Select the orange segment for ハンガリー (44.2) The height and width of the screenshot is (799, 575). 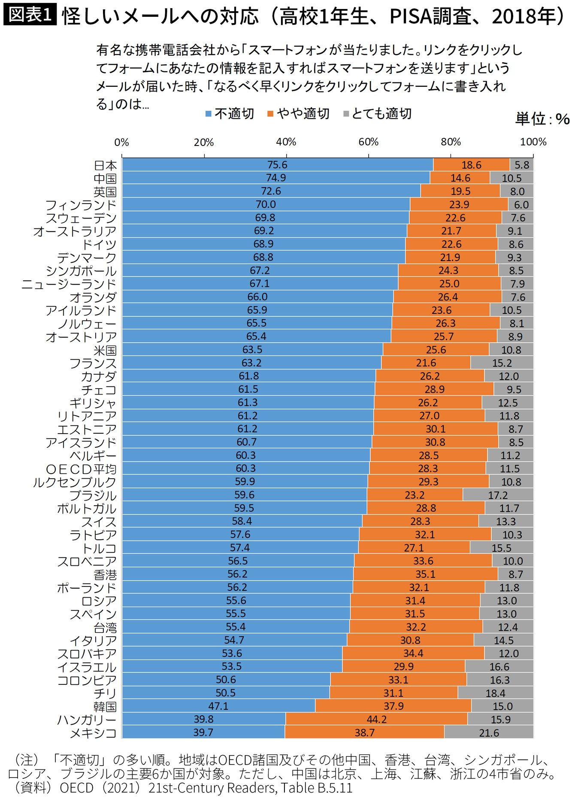(376, 719)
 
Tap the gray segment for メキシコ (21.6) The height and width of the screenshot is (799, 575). (489, 732)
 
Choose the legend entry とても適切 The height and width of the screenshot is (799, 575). (377, 114)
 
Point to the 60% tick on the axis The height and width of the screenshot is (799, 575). (368, 142)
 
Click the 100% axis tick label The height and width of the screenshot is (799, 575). (533, 142)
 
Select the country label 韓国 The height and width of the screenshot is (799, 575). (105, 706)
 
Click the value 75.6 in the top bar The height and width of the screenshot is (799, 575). (277, 165)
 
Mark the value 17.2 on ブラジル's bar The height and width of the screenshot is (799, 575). (498, 495)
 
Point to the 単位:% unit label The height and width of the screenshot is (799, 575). (542, 119)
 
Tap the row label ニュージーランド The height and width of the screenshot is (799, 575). (69, 284)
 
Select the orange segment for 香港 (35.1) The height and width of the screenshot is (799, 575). (425, 574)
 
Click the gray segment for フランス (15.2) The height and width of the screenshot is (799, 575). (502, 363)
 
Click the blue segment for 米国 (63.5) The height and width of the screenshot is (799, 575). (252, 349)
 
